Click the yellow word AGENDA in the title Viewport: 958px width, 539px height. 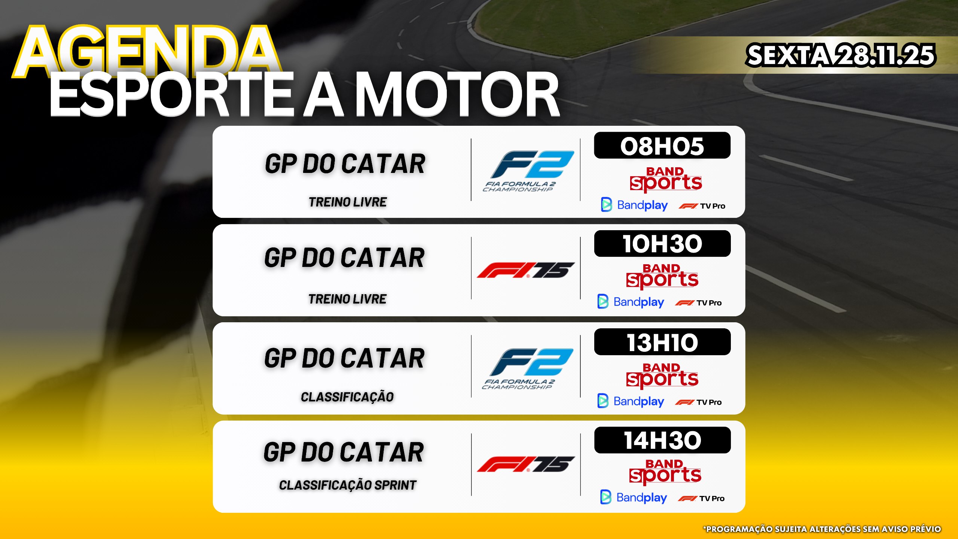tap(147, 51)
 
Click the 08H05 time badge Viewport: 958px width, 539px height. tap(662, 146)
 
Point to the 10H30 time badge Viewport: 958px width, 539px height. tap(662, 244)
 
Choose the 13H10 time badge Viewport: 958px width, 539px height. tap(662, 342)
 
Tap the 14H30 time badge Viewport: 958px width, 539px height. tap(662, 440)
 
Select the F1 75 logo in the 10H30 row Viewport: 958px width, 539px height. tap(525, 270)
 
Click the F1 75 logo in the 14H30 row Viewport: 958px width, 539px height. tap(525, 464)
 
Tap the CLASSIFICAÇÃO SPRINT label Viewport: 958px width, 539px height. tap(348, 485)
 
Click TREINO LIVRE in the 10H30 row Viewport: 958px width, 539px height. tap(347, 299)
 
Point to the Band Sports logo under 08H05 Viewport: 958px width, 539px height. tap(665, 179)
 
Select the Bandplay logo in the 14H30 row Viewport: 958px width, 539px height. tap(634, 497)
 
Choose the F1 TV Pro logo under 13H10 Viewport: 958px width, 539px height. tap(698, 402)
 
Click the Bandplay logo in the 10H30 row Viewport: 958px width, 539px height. tap(631, 302)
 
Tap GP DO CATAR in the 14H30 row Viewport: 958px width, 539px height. tap(344, 452)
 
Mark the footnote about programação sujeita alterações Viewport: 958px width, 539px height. tap(822, 529)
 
